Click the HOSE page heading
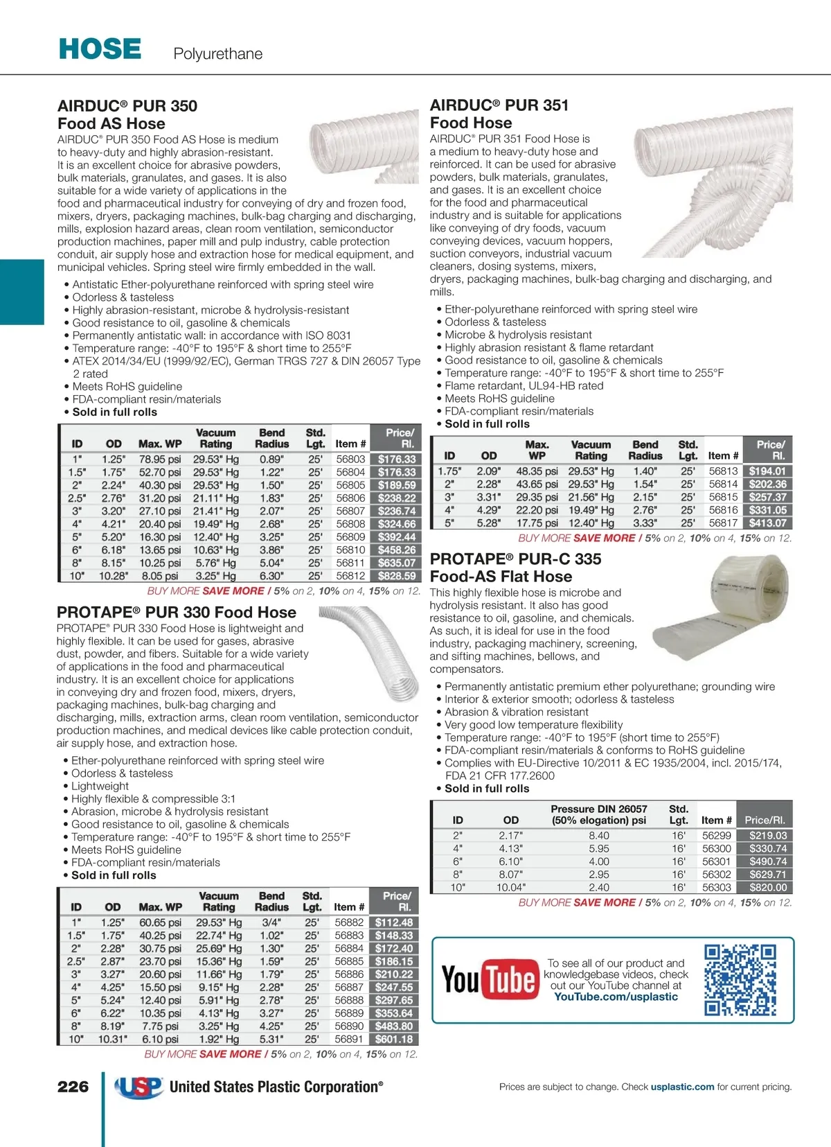click(x=100, y=49)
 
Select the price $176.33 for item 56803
click(x=397, y=459)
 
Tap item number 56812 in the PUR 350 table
click(x=350, y=576)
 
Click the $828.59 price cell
click(x=397, y=576)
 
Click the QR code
click(x=740, y=979)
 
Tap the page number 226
click(x=73, y=1087)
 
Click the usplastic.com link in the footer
click(x=682, y=1087)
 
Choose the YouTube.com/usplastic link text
click(x=616, y=997)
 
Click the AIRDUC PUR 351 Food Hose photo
click(x=713, y=182)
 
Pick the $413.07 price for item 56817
click(x=768, y=523)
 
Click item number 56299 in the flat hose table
click(x=717, y=836)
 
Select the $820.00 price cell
click(x=768, y=887)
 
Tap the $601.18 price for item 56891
click(x=394, y=1039)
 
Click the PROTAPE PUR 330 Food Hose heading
click(x=177, y=613)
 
